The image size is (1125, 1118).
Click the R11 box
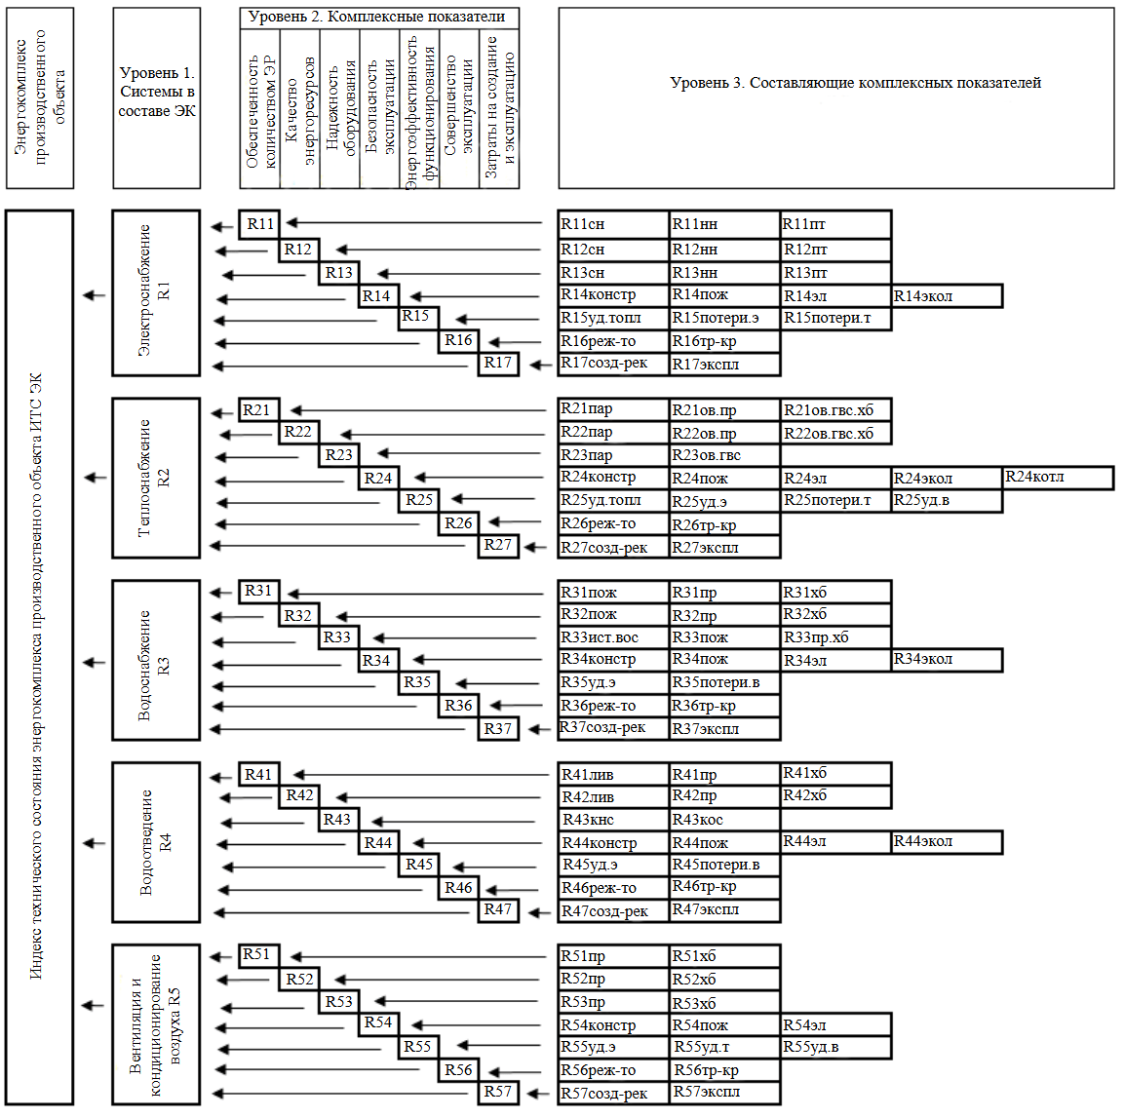tap(259, 224)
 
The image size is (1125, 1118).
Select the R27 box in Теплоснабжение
tap(498, 546)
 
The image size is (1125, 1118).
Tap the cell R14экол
tap(947, 296)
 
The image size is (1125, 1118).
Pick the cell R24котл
tap(1058, 478)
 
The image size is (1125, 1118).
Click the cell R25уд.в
tap(947, 501)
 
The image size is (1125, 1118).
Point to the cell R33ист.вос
tap(613, 637)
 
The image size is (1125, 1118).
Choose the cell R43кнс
tap(613, 820)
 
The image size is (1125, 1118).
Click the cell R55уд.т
tap(724, 1048)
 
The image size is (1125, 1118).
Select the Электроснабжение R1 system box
tap(156, 292)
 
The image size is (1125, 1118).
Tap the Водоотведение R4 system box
tap(156, 842)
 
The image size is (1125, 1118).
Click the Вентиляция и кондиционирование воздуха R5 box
tap(156, 1023)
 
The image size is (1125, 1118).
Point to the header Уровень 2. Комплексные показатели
tap(378, 18)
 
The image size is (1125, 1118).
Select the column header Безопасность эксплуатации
tap(379, 108)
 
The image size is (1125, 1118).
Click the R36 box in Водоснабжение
tap(458, 706)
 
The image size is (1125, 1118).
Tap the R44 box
tap(378, 843)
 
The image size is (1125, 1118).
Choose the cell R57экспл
tap(724, 1093)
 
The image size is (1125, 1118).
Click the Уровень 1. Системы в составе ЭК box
tap(156, 97)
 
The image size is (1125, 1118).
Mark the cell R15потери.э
tap(724, 319)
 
